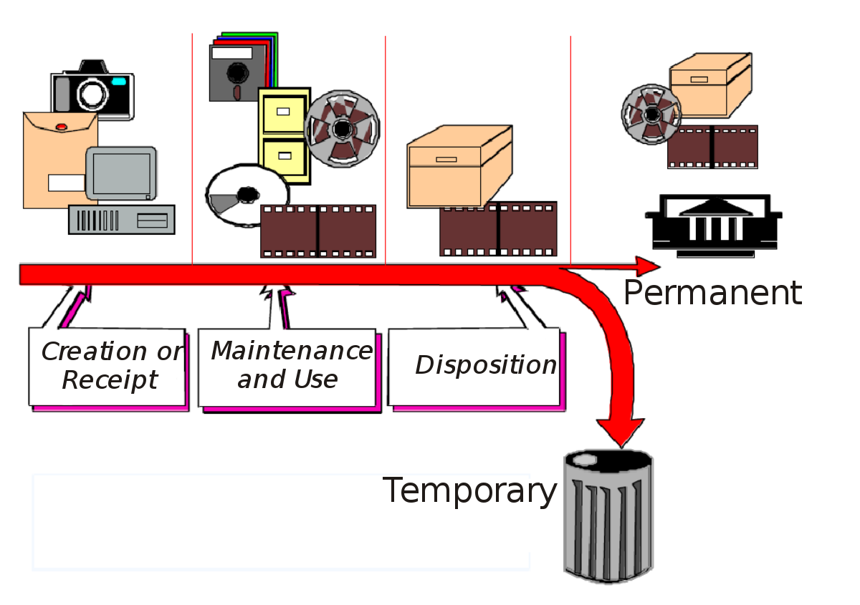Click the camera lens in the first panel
pos(92,92)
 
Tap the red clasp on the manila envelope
pos(61,127)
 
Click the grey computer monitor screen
pos(120,174)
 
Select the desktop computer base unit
pos(121,219)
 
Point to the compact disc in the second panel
pos(247,195)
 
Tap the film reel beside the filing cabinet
pos(342,129)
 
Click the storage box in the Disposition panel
pos(459,168)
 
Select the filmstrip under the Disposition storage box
pos(499,229)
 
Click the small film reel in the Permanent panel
pos(651,115)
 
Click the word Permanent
pos(709,294)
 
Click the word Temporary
pos(469,491)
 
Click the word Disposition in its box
pos(485,365)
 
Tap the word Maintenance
pos(291,351)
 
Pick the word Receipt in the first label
pos(109,380)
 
